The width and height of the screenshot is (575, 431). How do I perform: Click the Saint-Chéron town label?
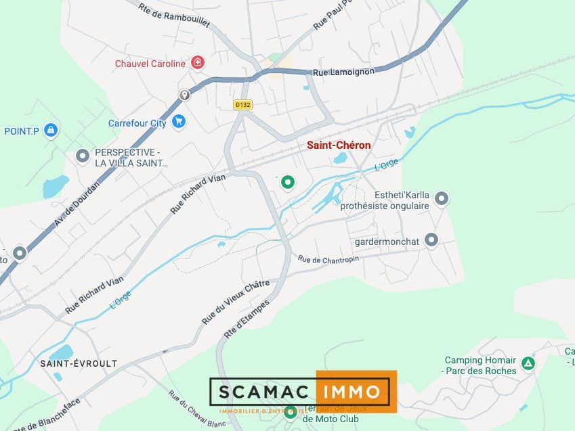click(x=339, y=145)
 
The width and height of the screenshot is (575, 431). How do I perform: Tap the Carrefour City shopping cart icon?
click(x=179, y=122)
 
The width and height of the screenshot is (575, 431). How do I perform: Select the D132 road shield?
click(x=242, y=105)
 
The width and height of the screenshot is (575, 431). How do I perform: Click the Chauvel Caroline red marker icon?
click(x=198, y=64)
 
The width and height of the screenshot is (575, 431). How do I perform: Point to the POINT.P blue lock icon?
click(x=50, y=130)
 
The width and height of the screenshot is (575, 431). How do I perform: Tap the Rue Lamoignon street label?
click(x=343, y=71)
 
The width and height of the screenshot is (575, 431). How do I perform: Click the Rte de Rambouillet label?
click(x=173, y=16)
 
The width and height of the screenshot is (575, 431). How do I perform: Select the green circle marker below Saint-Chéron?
click(x=288, y=182)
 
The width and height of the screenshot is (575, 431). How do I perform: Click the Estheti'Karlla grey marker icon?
click(x=442, y=198)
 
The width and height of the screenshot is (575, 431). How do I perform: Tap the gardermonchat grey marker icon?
click(x=431, y=240)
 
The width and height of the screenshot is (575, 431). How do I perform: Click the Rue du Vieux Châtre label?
click(x=236, y=301)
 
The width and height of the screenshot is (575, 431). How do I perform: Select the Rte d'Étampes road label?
click(x=247, y=319)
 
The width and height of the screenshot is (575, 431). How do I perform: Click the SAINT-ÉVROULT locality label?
click(x=79, y=363)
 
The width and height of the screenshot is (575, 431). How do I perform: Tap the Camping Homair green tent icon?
click(x=528, y=363)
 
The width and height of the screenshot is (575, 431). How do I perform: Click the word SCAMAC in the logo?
click(x=263, y=391)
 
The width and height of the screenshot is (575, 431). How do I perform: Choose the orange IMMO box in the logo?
click(x=355, y=391)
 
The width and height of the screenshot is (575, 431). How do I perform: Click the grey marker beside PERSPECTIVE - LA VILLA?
click(x=83, y=156)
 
